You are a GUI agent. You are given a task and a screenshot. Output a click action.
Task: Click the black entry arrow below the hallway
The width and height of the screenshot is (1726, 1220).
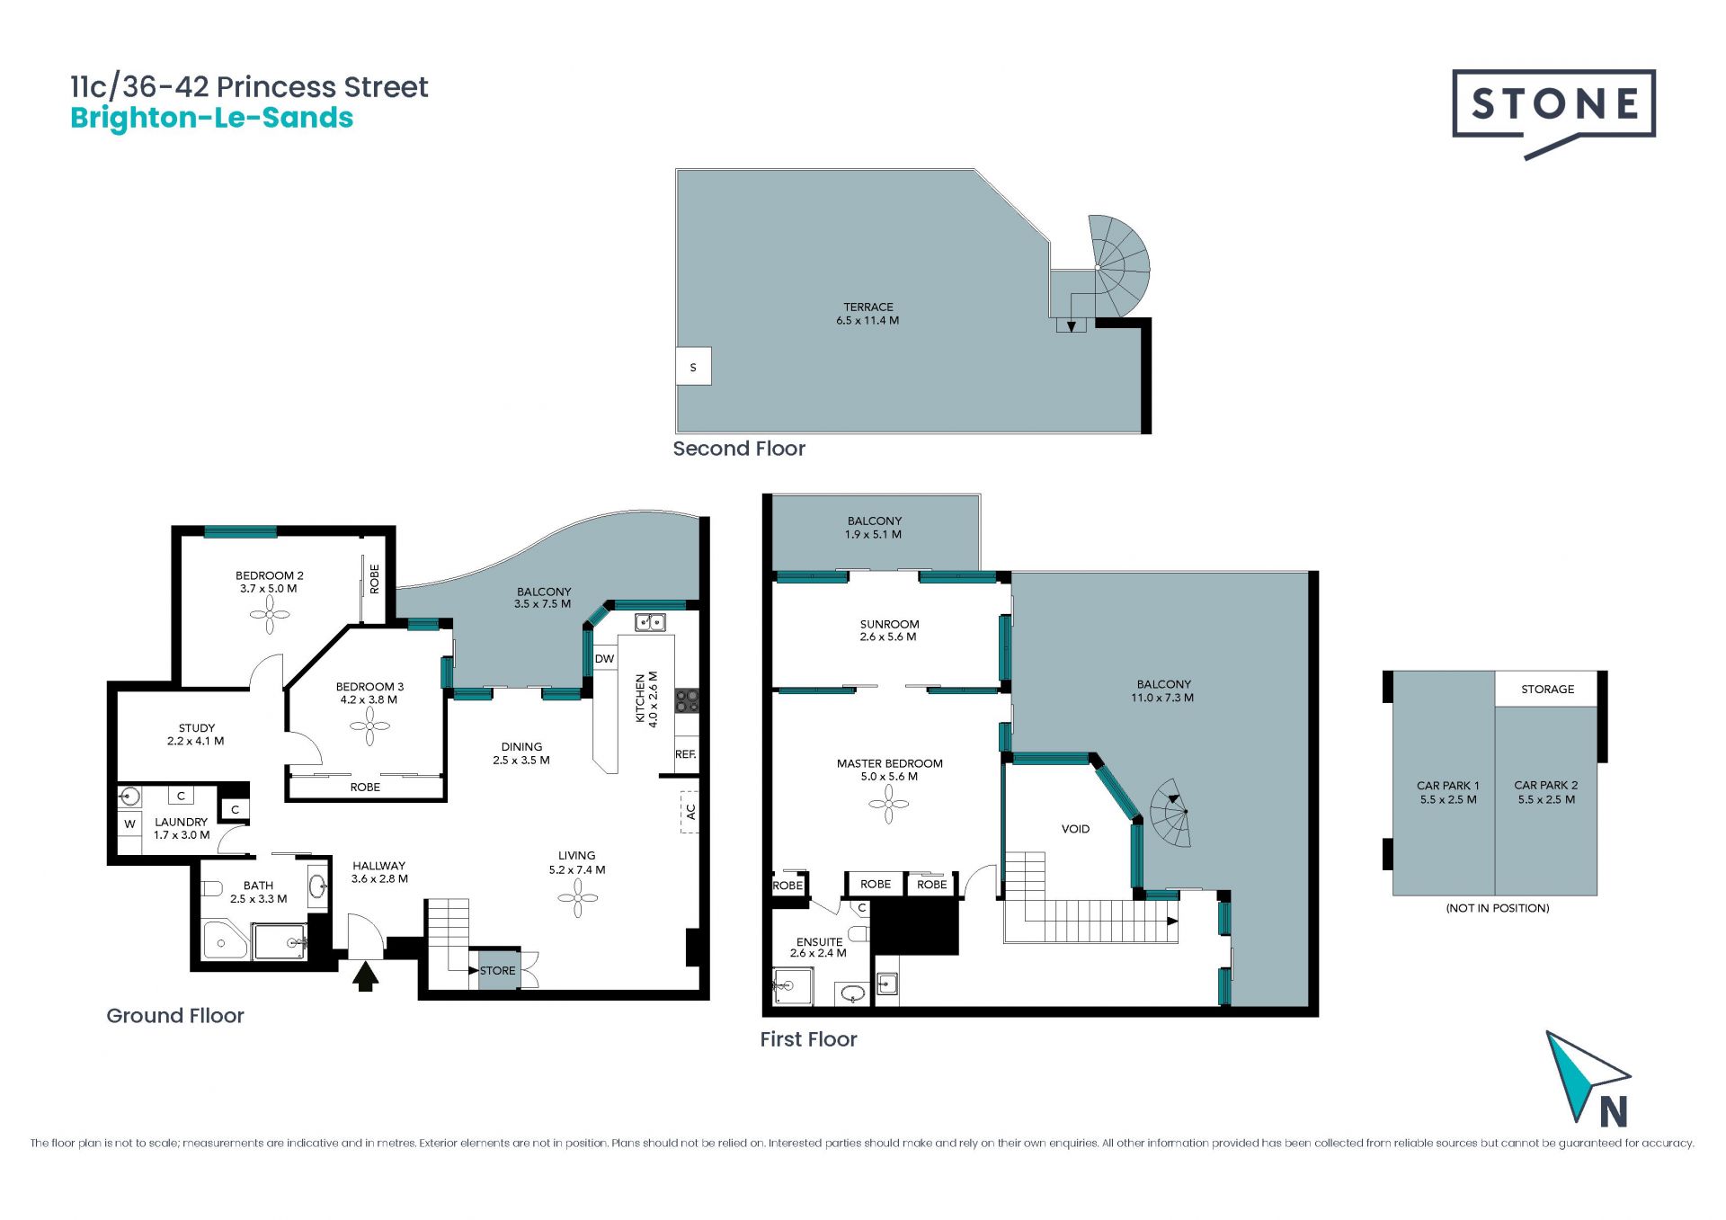364,976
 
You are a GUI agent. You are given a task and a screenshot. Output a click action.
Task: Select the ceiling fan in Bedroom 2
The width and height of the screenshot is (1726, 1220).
270,616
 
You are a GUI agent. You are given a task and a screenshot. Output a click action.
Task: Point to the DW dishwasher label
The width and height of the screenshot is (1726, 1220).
605,659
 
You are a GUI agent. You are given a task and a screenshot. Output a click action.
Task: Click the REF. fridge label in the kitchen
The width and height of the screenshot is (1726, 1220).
686,754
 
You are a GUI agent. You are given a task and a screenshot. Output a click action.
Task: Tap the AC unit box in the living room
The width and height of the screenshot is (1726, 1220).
690,812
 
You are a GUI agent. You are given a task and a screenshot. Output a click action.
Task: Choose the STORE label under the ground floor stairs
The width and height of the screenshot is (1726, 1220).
498,971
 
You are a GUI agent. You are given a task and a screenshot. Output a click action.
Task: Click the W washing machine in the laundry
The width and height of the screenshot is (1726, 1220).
130,824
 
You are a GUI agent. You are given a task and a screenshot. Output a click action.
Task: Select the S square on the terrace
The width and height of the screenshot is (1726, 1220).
693,367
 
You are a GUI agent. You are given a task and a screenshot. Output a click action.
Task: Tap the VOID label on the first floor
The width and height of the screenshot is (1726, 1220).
1075,829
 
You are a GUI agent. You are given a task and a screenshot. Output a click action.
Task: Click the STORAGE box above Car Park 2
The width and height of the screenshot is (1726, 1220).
1547,689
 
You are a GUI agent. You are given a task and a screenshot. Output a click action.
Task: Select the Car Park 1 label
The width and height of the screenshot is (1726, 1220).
1448,792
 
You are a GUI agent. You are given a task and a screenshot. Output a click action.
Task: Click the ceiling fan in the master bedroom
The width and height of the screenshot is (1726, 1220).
889,804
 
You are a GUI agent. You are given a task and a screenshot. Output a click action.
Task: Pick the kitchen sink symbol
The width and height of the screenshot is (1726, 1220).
650,622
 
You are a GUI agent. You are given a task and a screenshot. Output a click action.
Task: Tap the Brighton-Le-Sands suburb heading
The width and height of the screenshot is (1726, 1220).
212,119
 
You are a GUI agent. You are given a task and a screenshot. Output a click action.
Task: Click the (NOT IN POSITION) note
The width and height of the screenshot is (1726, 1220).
1498,908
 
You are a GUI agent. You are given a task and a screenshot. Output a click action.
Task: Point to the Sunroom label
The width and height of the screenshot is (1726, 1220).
889,630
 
